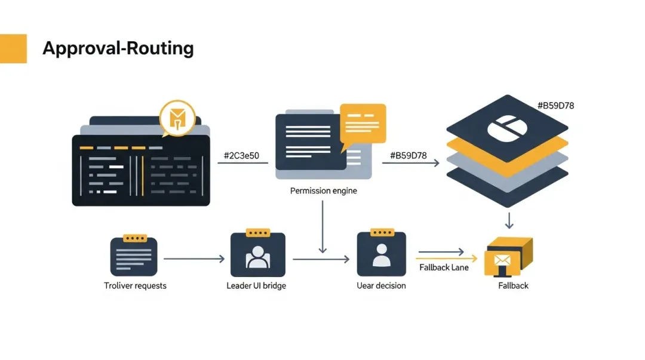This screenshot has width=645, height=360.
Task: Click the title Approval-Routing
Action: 118,48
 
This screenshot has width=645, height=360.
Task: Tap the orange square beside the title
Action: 13,48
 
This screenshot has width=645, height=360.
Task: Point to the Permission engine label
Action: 323,191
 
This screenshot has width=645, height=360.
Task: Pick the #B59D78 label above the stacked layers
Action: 555,106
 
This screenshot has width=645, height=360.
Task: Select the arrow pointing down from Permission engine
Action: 322,227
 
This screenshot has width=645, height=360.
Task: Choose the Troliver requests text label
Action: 135,286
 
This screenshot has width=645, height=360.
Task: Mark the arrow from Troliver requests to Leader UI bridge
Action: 194,259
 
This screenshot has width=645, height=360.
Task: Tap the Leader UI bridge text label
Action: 256,286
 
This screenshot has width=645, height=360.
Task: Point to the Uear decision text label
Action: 381,286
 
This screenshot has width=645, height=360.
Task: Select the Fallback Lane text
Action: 444,267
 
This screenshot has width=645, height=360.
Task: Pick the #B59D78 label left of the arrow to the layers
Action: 408,156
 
